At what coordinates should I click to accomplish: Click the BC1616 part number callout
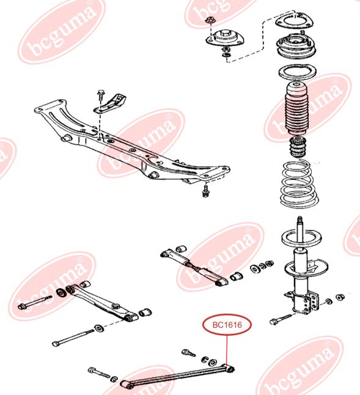click(x=227, y=325)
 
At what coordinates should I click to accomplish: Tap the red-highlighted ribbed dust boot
click(x=297, y=109)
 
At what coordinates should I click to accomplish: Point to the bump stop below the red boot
click(x=298, y=147)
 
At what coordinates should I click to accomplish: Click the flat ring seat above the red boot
click(x=297, y=73)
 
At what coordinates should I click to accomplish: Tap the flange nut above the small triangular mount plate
click(x=209, y=20)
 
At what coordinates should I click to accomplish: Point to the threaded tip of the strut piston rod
click(x=299, y=220)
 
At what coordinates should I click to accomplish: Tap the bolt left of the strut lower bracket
click(x=281, y=319)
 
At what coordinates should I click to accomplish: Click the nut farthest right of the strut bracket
click(x=340, y=297)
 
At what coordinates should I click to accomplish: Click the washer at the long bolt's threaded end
click(x=99, y=328)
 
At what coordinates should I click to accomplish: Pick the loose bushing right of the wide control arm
click(x=145, y=312)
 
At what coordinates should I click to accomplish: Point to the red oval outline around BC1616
click(x=227, y=314)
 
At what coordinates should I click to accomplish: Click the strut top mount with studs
click(x=296, y=48)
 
